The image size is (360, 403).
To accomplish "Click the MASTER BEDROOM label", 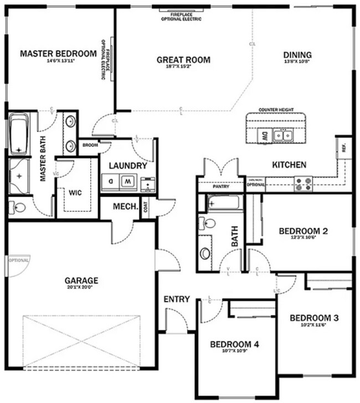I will pyautogui.click(x=58, y=54).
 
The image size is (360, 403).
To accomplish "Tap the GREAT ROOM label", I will pyautogui.click(x=183, y=60).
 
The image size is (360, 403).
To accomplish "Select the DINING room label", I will pyautogui.click(x=297, y=55).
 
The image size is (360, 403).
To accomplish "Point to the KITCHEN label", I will pyautogui.click(x=289, y=165).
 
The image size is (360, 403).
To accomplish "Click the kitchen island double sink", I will pyautogui.click(x=285, y=135).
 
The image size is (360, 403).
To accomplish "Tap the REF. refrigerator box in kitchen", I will pyautogui.click(x=343, y=149).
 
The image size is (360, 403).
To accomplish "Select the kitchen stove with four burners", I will pyautogui.click(x=303, y=183).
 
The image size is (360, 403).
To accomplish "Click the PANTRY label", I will pyautogui.click(x=221, y=187).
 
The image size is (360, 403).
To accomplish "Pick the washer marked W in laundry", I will pyautogui.click(x=128, y=181).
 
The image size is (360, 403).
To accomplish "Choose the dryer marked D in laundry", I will pyautogui.click(x=111, y=181).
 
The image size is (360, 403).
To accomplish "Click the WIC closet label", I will pyautogui.click(x=75, y=193).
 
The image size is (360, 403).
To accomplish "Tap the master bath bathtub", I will pyautogui.click(x=19, y=135).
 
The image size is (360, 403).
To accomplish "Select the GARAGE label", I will pyautogui.click(x=81, y=280).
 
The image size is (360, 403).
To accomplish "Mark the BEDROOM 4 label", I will pyautogui.click(x=234, y=344).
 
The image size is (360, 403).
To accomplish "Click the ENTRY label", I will pyautogui.click(x=177, y=299).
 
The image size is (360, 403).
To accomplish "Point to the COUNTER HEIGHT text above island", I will pyautogui.click(x=276, y=110).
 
